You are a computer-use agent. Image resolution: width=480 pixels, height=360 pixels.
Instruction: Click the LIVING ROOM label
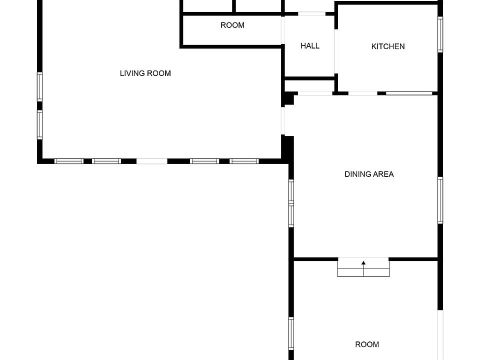[145, 73]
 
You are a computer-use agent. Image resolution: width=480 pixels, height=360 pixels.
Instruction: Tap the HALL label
[310, 46]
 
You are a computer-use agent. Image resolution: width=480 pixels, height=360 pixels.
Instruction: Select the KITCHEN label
[388, 46]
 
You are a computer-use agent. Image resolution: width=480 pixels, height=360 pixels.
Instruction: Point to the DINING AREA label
[369, 174]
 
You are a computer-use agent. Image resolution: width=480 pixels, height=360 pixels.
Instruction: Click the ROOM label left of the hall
[232, 25]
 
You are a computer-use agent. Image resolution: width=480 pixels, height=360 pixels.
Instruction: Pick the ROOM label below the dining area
[367, 344]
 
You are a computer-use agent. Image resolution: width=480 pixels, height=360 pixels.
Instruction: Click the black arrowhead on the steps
[363, 262]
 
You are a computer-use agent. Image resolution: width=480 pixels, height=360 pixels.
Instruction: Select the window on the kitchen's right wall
[440, 34]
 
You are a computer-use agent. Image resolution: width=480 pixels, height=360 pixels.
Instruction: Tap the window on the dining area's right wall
[440, 200]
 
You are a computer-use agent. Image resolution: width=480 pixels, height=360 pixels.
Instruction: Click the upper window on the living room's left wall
[40, 86]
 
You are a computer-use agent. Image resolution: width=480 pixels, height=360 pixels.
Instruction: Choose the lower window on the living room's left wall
[40, 125]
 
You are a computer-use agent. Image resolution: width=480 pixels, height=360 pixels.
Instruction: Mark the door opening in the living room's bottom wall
[152, 161]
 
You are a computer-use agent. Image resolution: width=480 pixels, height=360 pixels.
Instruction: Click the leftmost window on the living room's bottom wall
[69, 161]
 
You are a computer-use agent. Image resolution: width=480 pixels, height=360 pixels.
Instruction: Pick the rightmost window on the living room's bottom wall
[244, 161]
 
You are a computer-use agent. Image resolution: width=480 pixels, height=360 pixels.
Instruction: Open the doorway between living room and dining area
[283, 120]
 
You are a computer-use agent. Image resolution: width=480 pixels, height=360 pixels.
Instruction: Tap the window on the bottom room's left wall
[291, 333]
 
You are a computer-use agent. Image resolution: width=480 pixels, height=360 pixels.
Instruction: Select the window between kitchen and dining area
[409, 93]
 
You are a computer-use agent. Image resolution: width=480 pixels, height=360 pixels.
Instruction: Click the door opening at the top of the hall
[311, 14]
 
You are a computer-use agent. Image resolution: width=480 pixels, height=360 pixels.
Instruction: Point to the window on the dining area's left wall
[291, 203]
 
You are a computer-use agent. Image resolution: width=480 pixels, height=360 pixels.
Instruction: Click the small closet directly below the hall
[309, 85]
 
